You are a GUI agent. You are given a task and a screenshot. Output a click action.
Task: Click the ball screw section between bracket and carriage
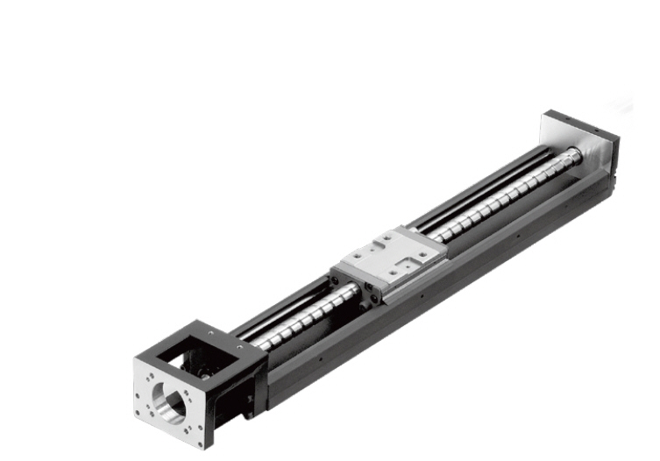click(298, 316)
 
